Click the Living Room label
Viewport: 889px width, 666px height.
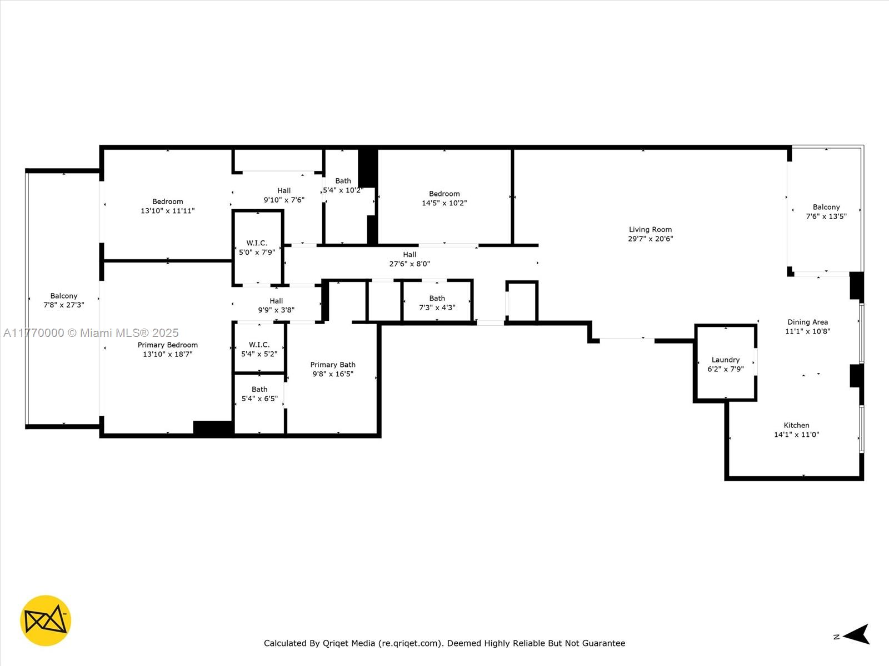click(x=650, y=229)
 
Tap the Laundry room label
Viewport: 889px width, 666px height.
click(x=726, y=360)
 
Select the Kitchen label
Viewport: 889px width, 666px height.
click(x=796, y=425)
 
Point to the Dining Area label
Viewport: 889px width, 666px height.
click(x=807, y=322)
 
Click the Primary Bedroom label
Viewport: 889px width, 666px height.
click(x=168, y=345)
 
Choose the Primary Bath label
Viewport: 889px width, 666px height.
click(x=333, y=365)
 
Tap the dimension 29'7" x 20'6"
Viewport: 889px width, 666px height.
click(x=651, y=239)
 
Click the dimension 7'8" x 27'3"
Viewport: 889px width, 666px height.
click(x=64, y=305)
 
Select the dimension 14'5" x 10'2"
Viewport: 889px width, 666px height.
click(x=444, y=203)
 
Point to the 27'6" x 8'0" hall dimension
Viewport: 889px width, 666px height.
click(x=409, y=264)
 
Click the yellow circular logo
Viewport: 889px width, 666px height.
click(x=46, y=620)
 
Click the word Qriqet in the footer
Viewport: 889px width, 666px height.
click(x=335, y=643)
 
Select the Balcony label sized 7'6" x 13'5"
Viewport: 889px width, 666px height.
click(x=826, y=207)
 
